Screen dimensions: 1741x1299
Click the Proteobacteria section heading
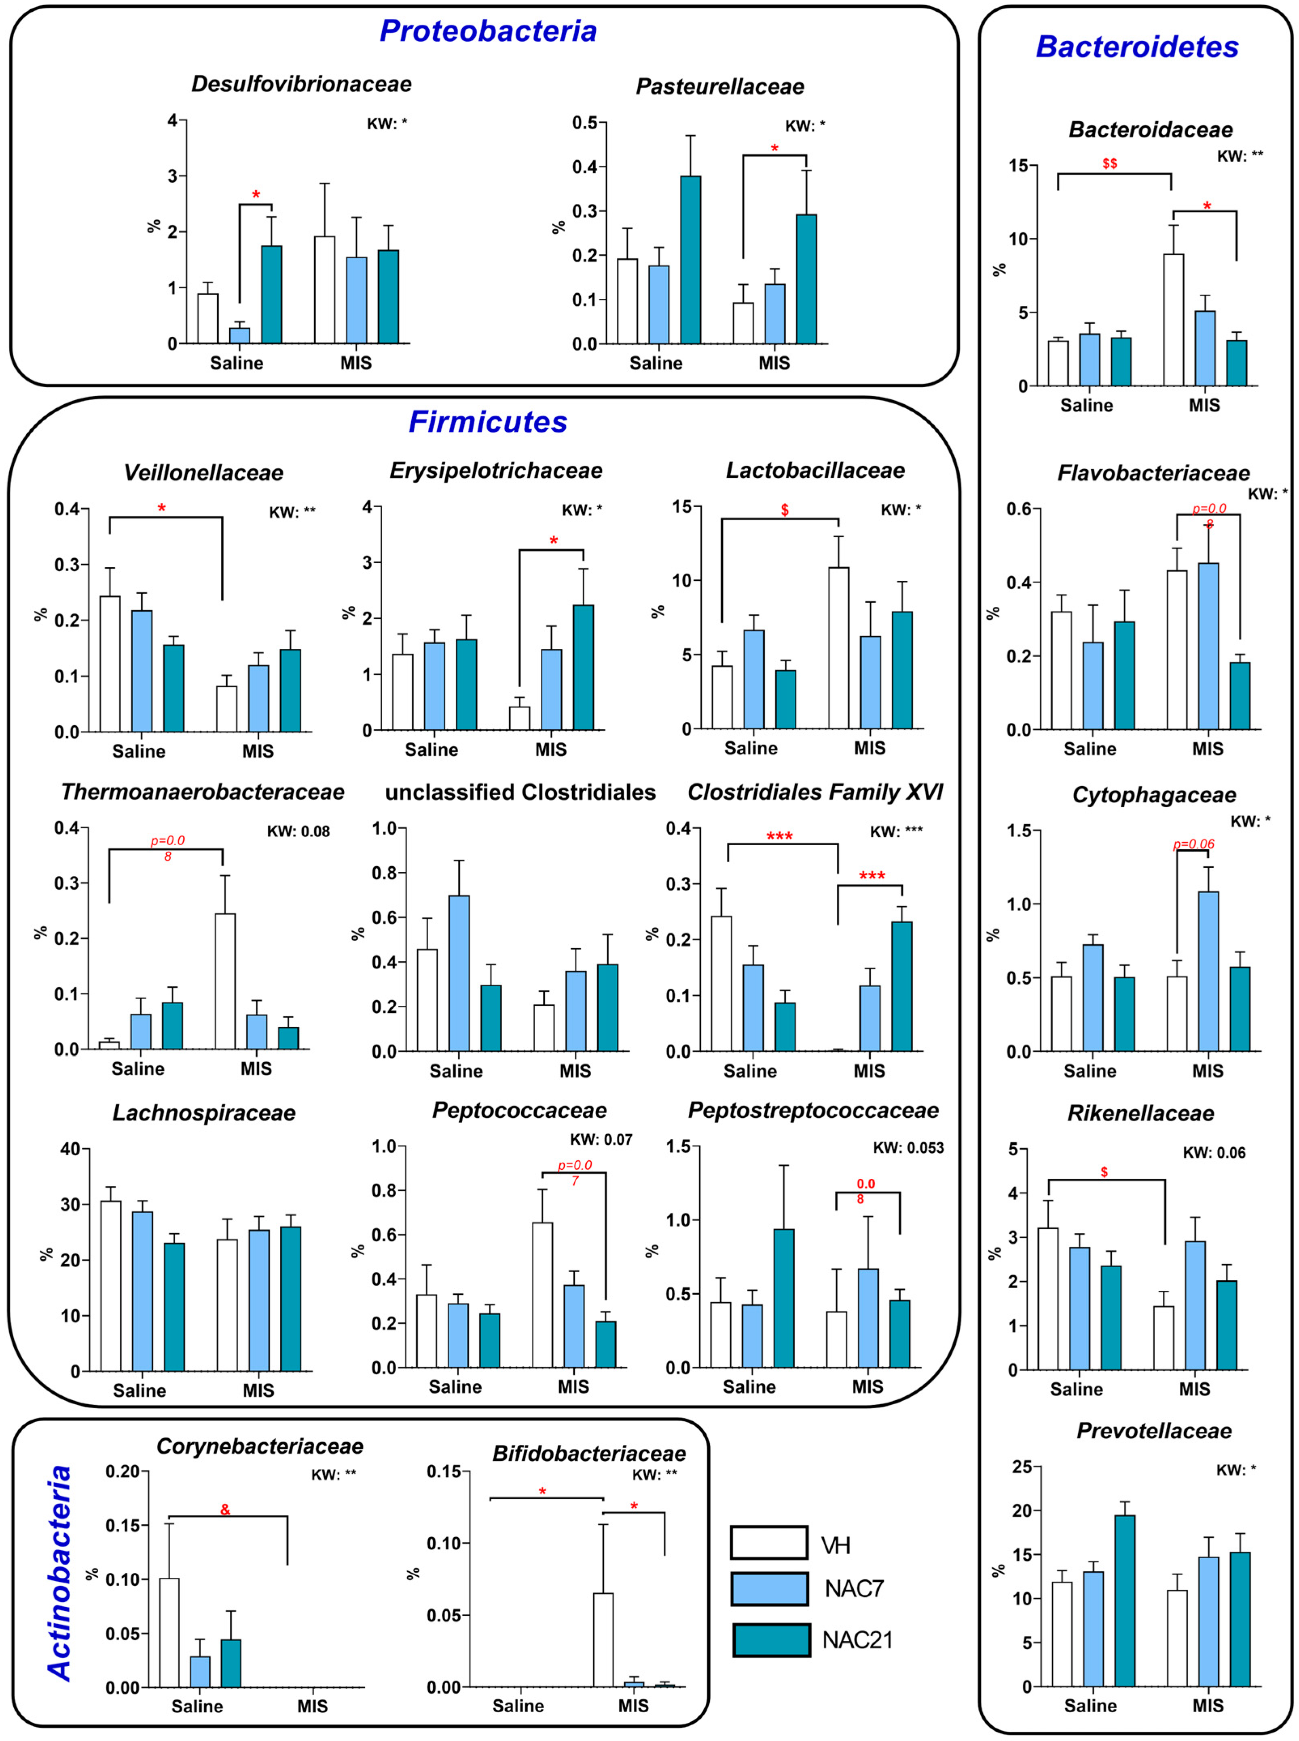487,32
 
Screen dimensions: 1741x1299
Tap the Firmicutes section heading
487,422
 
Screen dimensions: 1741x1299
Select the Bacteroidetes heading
1137,47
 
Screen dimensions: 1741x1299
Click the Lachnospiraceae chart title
204,1113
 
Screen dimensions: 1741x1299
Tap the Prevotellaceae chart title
1153,1431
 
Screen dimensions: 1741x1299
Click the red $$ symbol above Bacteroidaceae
1109,163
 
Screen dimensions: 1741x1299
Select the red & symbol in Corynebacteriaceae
226,1510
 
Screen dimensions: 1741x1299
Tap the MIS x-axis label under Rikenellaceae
1194,1389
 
